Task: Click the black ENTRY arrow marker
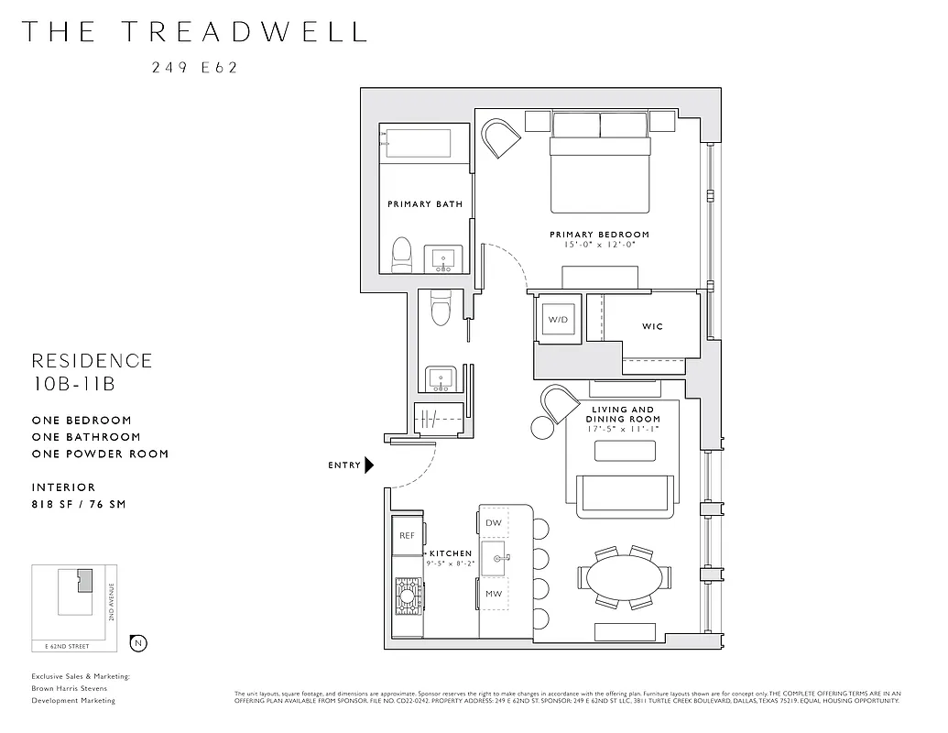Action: pyautogui.click(x=369, y=465)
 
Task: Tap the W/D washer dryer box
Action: pyautogui.click(x=558, y=320)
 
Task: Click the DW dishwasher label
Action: pyautogui.click(x=494, y=523)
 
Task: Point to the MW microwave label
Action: pyautogui.click(x=494, y=595)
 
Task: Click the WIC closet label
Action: pyautogui.click(x=652, y=326)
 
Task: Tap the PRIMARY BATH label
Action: pyautogui.click(x=424, y=204)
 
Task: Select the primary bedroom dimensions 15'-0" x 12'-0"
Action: pyautogui.click(x=599, y=245)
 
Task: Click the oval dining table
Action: pyautogui.click(x=623, y=578)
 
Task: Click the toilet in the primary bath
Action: pyautogui.click(x=401, y=257)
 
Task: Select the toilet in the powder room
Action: pyautogui.click(x=441, y=309)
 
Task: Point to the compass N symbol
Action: pyautogui.click(x=138, y=642)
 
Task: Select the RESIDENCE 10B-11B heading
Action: pyautogui.click(x=92, y=372)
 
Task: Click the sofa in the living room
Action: pyautogui.click(x=625, y=494)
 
